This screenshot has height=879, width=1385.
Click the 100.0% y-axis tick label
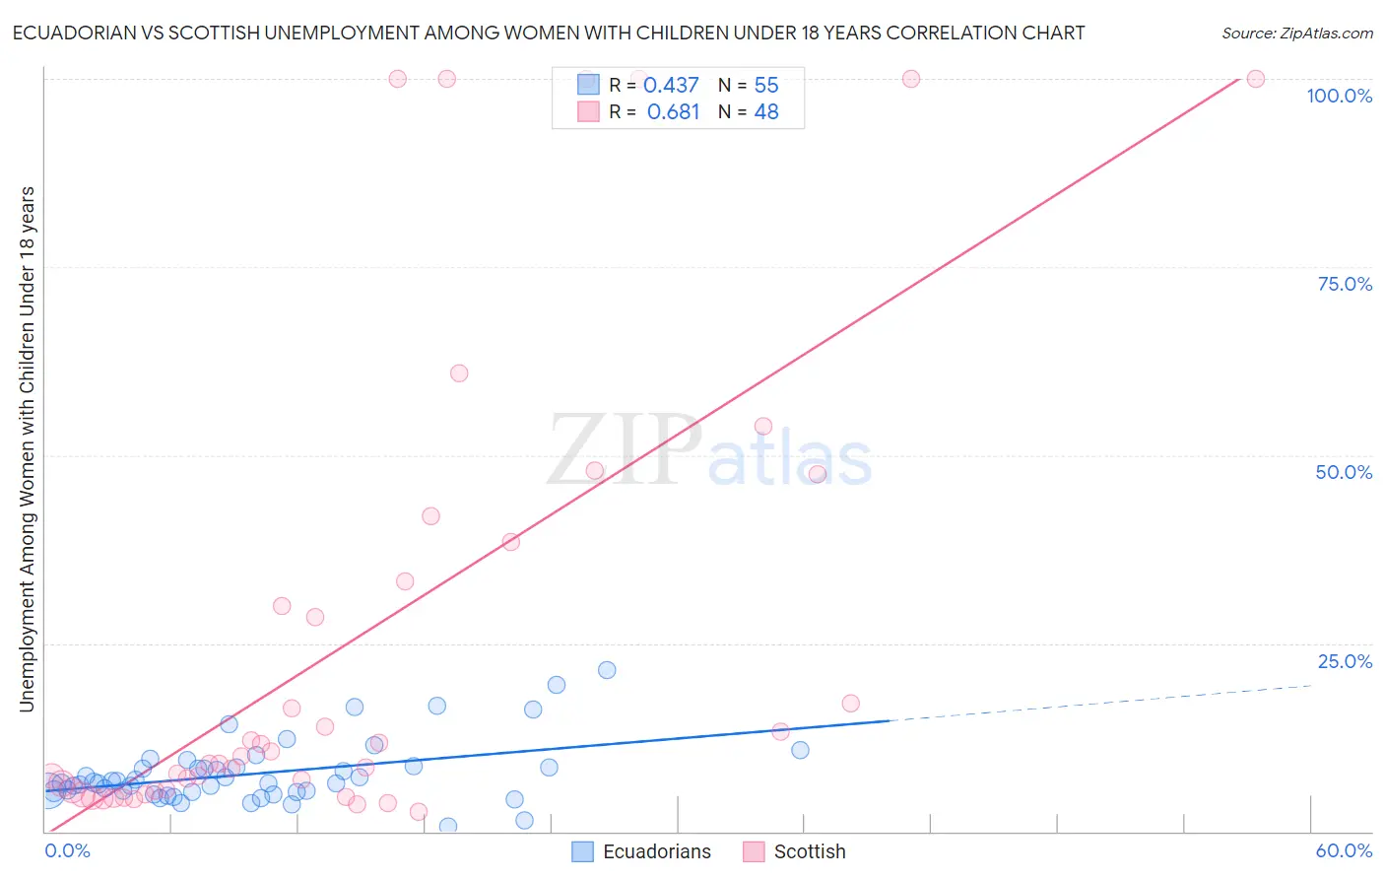[x=1339, y=96]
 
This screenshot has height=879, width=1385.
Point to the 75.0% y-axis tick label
[x=1345, y=284]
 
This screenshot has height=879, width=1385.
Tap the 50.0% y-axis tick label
[x=1344, y=472]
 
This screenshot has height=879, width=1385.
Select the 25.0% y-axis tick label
[x=1345, y=661]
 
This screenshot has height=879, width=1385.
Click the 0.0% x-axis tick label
[x=68, y=850]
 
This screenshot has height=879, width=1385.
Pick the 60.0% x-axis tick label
[x=1344, y=850]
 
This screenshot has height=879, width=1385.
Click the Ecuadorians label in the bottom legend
[x=656, y=851]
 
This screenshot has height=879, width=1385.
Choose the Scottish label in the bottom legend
[x=809, y=851]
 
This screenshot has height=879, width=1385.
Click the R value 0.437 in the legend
[x=671, y=85]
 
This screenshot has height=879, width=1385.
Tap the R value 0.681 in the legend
[x=673, y=111]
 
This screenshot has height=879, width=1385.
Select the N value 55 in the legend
[x=766, y=85]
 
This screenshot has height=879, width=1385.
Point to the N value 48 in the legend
[x=766, y=111]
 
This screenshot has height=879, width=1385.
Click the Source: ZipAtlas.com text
[x=1296, y=33]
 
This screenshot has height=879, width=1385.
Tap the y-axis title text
[x=27, y=448]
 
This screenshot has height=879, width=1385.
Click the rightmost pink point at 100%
[x=1255, y=79]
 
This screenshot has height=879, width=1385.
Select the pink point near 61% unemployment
[x=458, y=373]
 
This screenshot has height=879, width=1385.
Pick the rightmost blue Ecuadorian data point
[x=800, y=750]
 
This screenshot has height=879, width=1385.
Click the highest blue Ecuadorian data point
[x=607, y=670]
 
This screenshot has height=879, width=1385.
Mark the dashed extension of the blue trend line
[x=1103, y=703]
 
